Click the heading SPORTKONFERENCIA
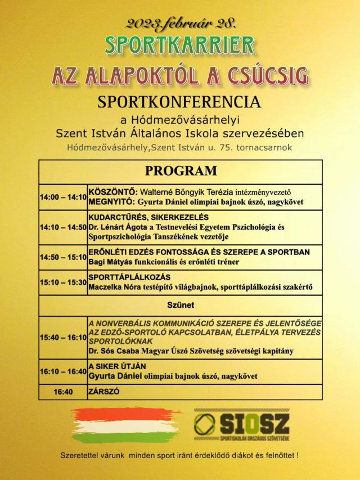pyautogui.click(x=179, y=102)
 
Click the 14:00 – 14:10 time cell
pyautogui.click(x=63, y=198)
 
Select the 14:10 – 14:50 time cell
pyautogui.click(x=63, y=227)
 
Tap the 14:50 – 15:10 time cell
pyautogui.click(x=63, y=257)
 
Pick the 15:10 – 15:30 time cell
pyautogui.click(x=63, y=282)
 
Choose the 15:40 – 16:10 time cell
pyautogui.click(x=63, y=338)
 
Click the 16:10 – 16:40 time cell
pyautogui.click(x=63, y=371)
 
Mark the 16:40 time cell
pyautogui.click(x=63, y=391)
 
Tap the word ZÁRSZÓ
pyautogui.click(x=104, y=391)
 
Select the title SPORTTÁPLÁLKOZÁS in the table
pyautogui.click(x=130, y=277)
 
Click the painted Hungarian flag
pyautogui.click(x=124, y=425)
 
